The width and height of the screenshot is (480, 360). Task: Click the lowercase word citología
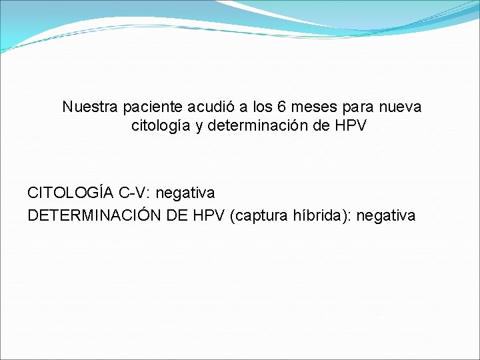(161, 125)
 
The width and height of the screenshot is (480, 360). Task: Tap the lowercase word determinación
(250, 125)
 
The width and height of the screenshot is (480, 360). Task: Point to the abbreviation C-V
(133, 193)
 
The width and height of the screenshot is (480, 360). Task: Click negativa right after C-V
(185, 193)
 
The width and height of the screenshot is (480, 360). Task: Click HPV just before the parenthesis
(209, 215)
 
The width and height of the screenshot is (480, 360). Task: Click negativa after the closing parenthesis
(386, 215)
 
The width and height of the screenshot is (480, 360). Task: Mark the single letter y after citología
(199, 126)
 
